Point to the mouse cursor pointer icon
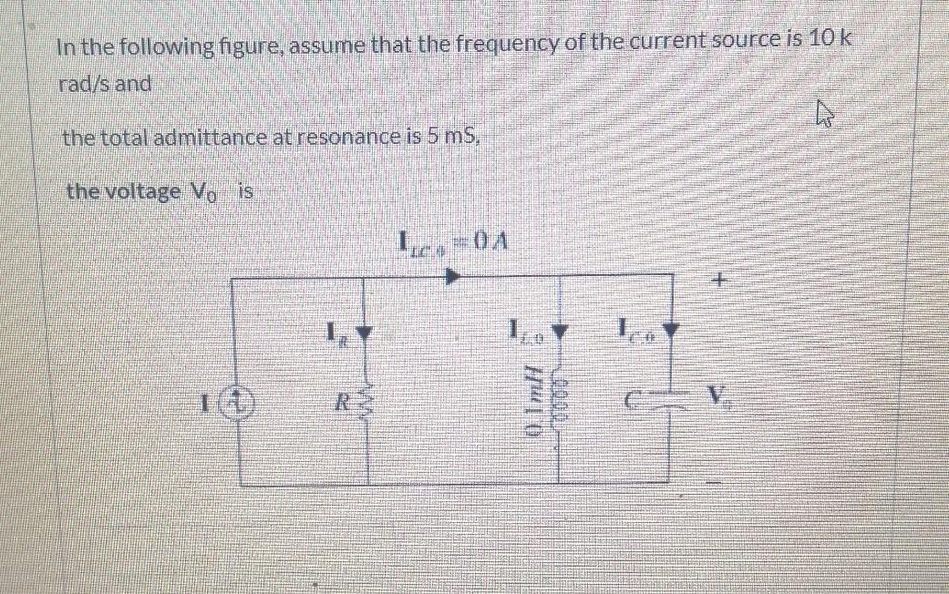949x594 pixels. point(826,116)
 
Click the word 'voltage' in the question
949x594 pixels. point(137,192)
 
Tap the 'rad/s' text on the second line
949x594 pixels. point(80,84)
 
